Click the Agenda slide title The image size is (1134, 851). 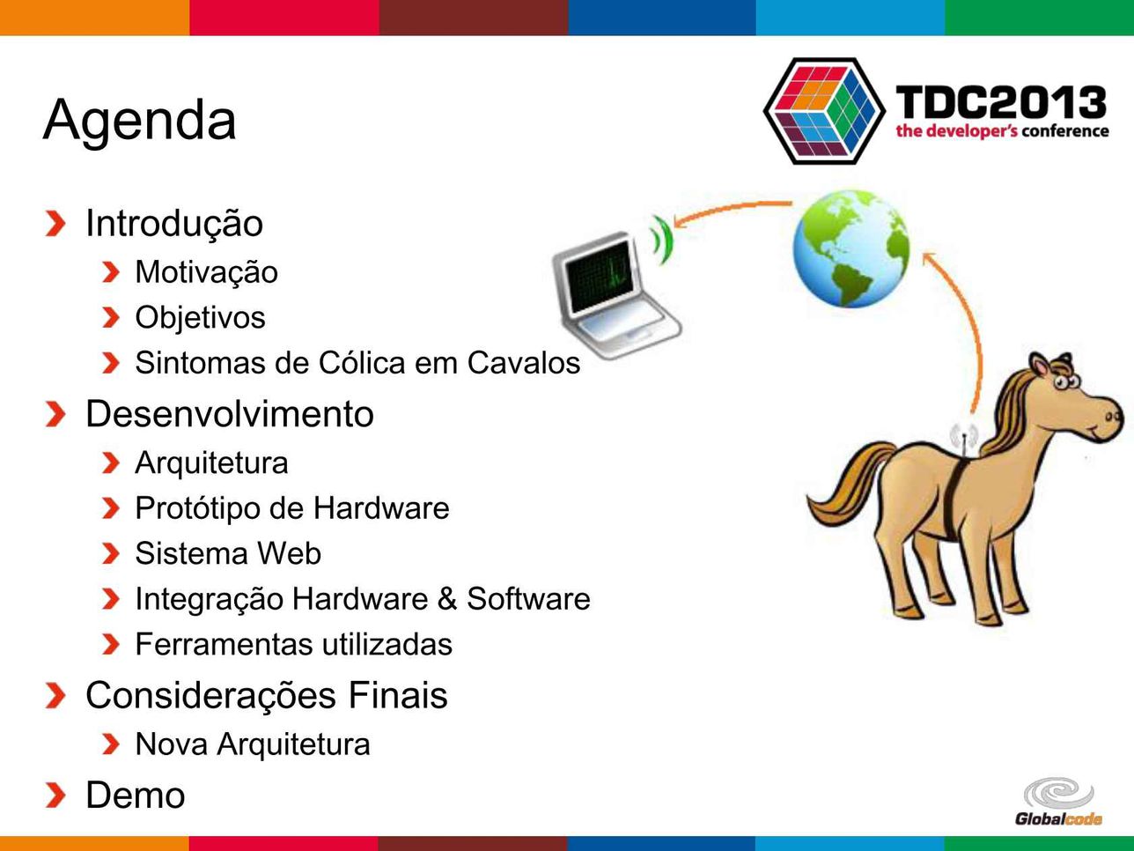pos(139,121)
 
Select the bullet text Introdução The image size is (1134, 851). pos(174,224)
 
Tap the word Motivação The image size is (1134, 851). pos(207,272)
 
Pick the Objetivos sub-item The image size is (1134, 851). pos(201,317)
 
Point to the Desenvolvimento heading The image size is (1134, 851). pos(230,414)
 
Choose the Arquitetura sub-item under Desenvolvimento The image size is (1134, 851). pos(212,462)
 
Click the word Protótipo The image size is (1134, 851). pos(197,508)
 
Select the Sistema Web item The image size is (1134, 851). pos(228,553)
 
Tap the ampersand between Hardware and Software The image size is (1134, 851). pos(447,599)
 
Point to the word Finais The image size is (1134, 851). pos(398,695)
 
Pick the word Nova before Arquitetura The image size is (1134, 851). pos(172,744)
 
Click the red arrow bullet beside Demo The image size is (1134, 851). pos(55,795)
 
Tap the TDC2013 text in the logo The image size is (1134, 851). pos(1001,102)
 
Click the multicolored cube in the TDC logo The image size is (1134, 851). pos(825,111)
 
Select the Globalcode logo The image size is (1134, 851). pos(1058,802)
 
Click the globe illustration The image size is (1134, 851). pos(851,249)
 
